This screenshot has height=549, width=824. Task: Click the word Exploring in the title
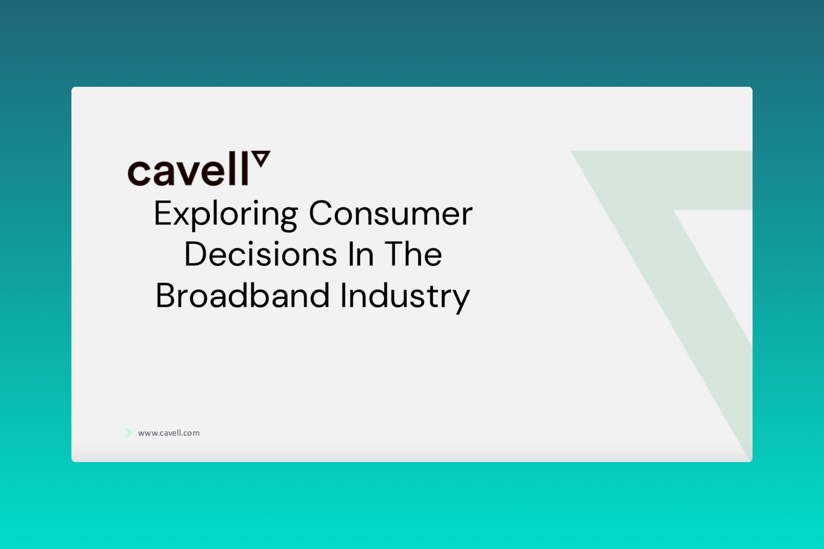pos(226,214)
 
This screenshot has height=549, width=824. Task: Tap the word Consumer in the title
pos(390,213)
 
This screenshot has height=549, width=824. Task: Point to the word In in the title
pos(361,254)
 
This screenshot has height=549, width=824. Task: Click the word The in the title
pos(413,254)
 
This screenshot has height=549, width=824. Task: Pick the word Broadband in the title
pos(243,296)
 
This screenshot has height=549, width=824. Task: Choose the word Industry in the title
pos(405,297)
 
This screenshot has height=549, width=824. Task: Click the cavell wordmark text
pos(188,169)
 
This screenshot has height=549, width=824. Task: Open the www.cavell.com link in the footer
pos(168,433)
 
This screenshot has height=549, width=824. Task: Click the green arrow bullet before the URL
pos(129,433)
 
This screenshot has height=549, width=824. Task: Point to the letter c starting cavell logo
pos(139,173)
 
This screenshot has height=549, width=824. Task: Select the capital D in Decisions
pos(196,254)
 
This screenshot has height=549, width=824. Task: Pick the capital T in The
pos(395,254)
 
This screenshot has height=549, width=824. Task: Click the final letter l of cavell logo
pos(245,169)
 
